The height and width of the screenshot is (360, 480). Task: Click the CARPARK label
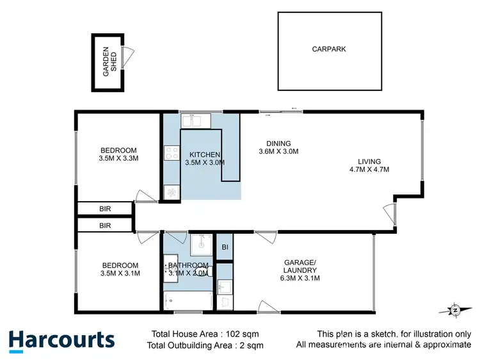tap(329, 49)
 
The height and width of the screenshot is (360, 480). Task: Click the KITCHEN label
tap(205, 154)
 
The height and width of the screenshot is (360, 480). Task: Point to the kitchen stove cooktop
tap(172, 153)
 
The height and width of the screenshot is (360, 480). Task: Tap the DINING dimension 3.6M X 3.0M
tap(278, 152)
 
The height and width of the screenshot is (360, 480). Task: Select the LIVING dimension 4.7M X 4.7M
tap(369, 170)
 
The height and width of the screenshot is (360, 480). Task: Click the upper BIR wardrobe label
tap(105, 208)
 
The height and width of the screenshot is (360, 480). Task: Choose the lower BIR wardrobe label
tap(105, 225)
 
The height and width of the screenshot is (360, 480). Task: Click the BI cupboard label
tap(225, 247)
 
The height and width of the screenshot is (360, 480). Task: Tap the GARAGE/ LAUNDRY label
tap(300, 266)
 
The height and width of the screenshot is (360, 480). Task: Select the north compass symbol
tap(454, 310)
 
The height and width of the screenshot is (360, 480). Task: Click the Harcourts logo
tap(61, 340)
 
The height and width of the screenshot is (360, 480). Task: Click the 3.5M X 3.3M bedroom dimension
tap(119, 158)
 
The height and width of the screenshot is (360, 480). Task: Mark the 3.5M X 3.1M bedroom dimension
tap(119, 274)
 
